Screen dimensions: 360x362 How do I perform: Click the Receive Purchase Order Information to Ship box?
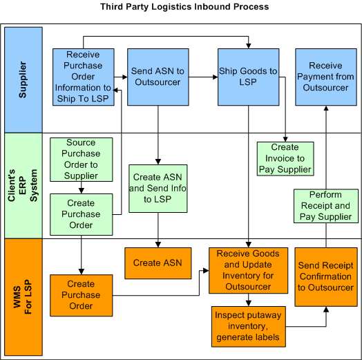tap(84, 77)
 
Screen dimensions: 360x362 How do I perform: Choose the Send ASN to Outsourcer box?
tap(158, 77)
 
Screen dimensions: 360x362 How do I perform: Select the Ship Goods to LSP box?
tap(248, 77)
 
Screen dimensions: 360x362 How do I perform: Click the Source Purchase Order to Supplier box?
tap(81, 160)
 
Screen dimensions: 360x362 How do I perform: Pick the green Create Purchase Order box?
tap(81, 214)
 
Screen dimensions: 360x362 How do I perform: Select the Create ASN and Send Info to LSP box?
tap(158, 188)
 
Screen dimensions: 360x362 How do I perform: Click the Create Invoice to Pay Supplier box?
tap(285, 158)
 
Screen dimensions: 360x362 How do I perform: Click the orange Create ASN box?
tap(158, 263)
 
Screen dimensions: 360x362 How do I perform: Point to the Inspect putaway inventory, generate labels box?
tap(248, 326)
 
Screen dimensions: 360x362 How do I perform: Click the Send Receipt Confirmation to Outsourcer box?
tap(325, 276)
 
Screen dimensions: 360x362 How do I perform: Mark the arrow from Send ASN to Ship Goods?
tap(200, 77)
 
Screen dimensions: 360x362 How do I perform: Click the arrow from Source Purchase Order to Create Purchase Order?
tap(81, 188)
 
